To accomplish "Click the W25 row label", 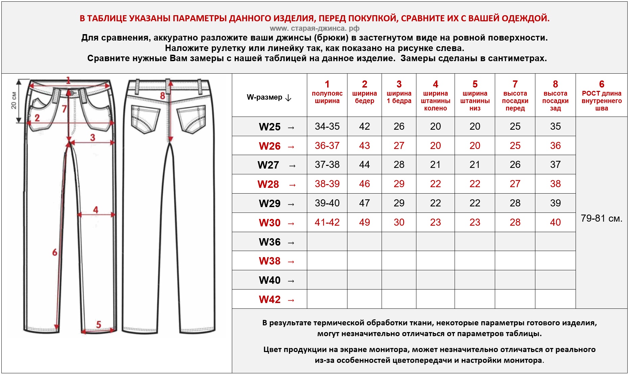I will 270,127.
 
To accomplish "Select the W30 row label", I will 270,223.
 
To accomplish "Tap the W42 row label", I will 270,300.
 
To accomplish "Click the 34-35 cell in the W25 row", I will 327,127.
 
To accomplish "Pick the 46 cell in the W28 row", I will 364,184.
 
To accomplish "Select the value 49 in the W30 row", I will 364,223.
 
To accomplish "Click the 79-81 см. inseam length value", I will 601,219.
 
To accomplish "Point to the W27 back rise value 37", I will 555,165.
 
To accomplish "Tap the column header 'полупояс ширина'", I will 327,97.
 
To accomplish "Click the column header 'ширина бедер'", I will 364,97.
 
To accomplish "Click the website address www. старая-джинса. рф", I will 314,28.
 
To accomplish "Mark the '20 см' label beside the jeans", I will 14,101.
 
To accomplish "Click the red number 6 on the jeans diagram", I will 55,252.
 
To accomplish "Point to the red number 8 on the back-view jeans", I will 163,96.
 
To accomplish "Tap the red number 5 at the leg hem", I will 99,325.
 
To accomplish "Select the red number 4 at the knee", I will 96,210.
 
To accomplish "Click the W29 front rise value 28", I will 515,203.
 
